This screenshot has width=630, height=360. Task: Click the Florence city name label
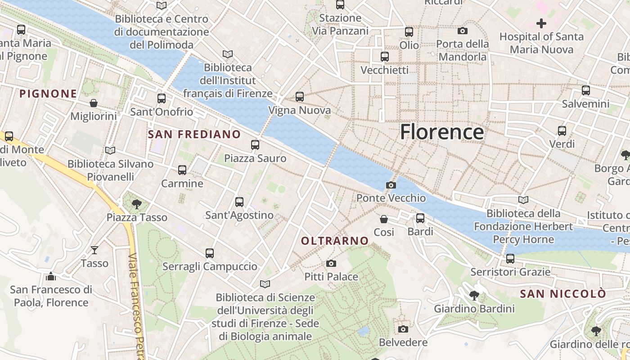point(441,132)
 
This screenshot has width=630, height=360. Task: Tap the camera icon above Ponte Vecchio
point(391,185)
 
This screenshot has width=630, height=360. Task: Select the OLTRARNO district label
point(335,241)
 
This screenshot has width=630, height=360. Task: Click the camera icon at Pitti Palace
point(331,263)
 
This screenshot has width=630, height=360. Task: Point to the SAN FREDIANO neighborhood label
point(194,134)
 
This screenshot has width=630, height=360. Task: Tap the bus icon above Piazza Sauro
point(255,145)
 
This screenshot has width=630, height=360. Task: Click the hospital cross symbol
point(541,23)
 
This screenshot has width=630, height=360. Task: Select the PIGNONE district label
point(48,94)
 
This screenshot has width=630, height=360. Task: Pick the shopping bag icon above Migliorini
point(94,103)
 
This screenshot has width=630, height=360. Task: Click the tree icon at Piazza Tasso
point(137,204)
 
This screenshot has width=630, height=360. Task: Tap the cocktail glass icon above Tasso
point(94,250)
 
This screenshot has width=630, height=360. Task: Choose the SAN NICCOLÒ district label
point(563,294)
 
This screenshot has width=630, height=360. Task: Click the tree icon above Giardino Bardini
point(474,296)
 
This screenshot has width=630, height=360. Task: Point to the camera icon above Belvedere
point(403,329)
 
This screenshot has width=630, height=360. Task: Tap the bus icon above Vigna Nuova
point(300,97)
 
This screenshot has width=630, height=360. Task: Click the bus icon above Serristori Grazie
point(510,259)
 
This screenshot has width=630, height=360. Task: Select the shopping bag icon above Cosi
point(384,219)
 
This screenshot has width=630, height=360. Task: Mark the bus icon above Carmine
point(182,170)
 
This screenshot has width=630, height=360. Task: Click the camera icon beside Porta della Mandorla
point(462,31)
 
